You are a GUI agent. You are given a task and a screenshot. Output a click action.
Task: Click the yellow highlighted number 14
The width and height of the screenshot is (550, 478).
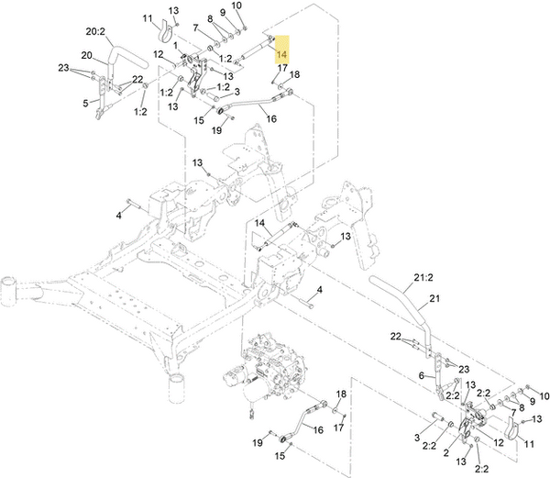[281, 54]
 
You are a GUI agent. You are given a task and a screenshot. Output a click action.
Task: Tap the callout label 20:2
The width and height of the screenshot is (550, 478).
[96, 30]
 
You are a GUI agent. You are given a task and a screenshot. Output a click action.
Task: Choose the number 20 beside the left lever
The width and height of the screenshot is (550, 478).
[86, 55]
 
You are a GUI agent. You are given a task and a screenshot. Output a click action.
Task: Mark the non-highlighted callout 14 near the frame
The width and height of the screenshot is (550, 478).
[259, 223]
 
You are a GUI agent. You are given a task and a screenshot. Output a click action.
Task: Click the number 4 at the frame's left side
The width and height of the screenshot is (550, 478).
[118, 215]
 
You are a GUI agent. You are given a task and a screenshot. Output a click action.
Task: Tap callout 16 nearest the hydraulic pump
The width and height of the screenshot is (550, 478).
[320, 428]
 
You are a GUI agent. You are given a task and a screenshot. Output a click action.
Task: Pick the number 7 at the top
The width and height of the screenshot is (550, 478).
[194, 28]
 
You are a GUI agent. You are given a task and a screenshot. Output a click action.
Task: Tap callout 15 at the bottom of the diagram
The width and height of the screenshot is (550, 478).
[280, 455]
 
